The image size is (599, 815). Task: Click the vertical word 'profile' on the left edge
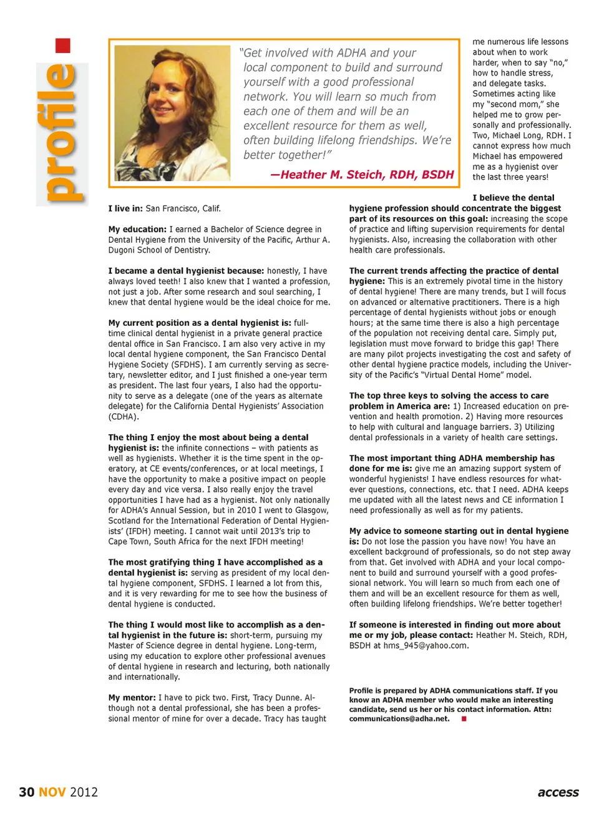63,134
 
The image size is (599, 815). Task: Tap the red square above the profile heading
63,46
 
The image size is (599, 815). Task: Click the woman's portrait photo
172,113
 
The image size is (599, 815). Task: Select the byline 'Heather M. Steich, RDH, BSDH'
362,175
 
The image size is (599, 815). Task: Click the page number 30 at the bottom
26,792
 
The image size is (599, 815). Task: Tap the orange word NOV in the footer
52,792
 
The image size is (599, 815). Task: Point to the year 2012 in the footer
84,792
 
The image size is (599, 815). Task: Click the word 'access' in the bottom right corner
558,793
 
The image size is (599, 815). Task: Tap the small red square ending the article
464,719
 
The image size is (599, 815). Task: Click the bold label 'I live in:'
125,208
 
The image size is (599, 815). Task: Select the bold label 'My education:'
137,229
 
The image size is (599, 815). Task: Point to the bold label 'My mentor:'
132,698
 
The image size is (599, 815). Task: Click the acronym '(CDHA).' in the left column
124,416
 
